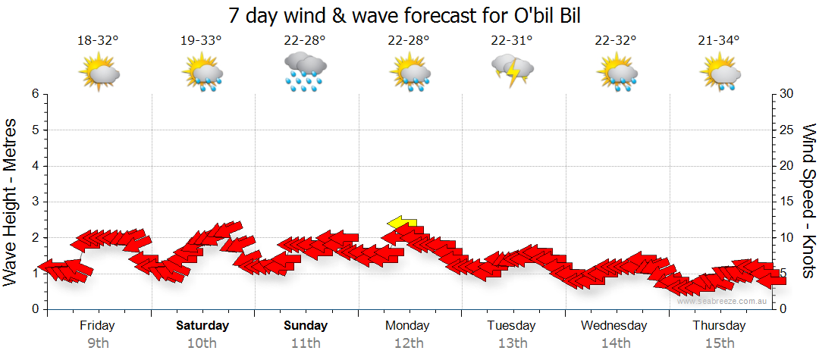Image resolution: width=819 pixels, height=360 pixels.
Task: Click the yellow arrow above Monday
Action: pyautogui.click(x=401, y=222)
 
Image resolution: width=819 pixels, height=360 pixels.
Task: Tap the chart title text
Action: pyautogui.click(x=409, y=15)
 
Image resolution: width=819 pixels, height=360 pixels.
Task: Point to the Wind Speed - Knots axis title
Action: pyautogui.click(x=808, y=202)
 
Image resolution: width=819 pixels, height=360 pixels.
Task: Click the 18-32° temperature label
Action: pyautogui.click(x=99, y=41)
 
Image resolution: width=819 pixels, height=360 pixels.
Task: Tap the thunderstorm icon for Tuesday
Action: pyautogui.click(x=513, y=71)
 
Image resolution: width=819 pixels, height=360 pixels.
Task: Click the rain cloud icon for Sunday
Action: pyautogui.click(x=306, y=73)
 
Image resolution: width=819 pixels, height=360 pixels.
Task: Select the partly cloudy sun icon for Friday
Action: pyautogui.click(x=99, y=72)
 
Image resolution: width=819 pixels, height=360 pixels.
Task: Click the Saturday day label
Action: pyautogui.click(x=202, y=326)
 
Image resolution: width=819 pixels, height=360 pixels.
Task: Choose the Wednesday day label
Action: pyautogui.click(x=614, y=326)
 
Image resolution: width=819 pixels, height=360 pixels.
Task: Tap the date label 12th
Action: pyautogui.click(x=409, y=343)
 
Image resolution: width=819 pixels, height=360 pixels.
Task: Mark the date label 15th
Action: pyautogui.click(x=720, y=343)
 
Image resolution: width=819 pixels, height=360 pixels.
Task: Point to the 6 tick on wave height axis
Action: pyautogui.click(x=35, y=94)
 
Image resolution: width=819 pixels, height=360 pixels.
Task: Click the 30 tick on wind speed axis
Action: pyautogui.click(x=787, y=94)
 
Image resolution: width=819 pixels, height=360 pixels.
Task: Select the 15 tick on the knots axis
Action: pyautogui.click(x=787, y=202)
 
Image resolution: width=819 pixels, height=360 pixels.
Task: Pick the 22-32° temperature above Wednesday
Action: pyautogui.click(x=616, y=41)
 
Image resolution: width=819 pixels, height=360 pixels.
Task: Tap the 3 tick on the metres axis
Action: pyautogui.click(x=35, y=202)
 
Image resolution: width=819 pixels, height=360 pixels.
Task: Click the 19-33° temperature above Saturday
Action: pyautogui.click(x=202, y=41)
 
